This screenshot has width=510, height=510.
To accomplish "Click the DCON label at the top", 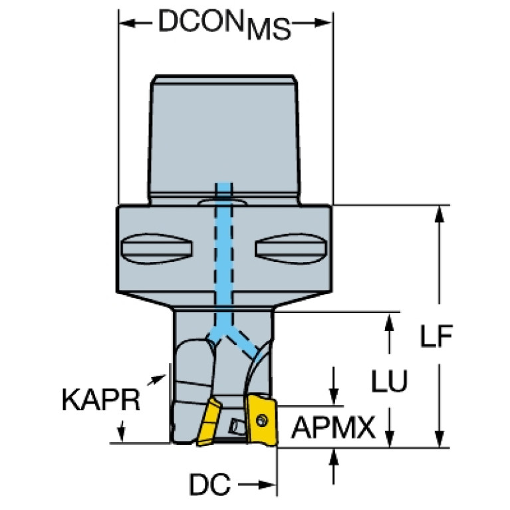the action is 201,21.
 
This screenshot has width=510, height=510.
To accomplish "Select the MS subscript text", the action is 269,30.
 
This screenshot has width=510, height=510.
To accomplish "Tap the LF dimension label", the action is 436,336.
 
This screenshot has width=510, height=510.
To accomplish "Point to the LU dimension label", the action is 390,380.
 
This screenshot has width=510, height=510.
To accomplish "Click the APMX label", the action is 333,428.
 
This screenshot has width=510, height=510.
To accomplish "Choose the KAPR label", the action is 101,400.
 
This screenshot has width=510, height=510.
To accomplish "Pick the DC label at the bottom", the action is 210,485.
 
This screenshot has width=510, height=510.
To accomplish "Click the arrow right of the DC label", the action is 257,485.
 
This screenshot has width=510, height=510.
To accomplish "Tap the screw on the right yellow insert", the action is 261,420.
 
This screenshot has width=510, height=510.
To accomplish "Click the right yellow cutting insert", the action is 262,420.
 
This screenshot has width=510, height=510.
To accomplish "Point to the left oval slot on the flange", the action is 156,249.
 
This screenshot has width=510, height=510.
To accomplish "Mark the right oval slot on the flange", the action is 291,249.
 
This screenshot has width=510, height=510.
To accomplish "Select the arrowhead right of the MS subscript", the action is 323,23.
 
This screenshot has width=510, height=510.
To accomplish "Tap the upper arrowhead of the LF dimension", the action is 440,214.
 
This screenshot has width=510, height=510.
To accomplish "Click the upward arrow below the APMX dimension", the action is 334,466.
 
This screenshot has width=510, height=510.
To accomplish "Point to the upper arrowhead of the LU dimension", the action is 390,322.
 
